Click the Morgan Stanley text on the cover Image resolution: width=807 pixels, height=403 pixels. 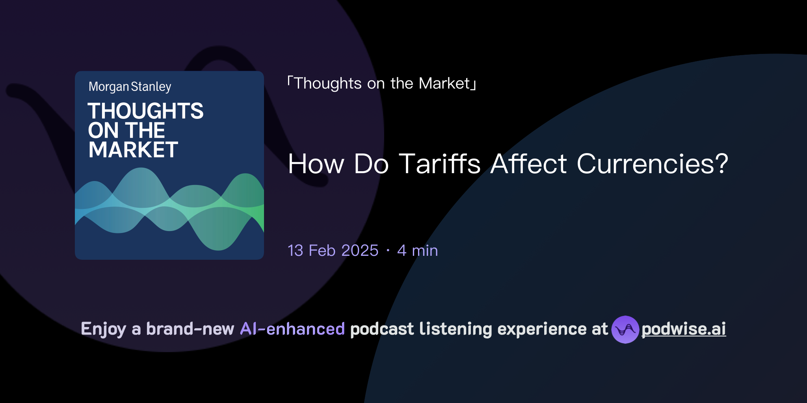tap(130, 87)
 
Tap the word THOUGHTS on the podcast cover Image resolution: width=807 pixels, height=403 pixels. tap(145, 111)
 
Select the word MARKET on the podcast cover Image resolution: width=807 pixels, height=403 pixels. tap(133, 150)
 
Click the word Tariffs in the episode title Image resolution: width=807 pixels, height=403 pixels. tap(440, 164)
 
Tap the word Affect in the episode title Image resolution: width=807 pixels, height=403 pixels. tap(529, 164)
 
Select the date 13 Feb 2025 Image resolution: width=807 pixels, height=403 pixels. tap(333, 251)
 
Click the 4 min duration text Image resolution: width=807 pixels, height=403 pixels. tap(418, 251)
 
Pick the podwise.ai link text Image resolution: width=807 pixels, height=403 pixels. tap(684, 329)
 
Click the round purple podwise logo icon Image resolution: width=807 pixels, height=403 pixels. tap(625, 329)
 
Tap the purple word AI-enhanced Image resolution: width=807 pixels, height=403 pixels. tap(292, 329)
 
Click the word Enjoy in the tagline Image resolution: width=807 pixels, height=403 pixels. tap(104, 329)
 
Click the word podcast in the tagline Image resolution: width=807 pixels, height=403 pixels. tap(382, 329)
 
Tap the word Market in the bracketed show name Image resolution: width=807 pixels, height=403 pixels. tap(444, 83)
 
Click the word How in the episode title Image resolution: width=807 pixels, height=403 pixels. tap(316, 164)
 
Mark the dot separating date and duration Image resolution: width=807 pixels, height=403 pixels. tap(388, 251)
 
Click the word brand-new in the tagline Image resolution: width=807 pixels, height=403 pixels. tap(190, 329)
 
